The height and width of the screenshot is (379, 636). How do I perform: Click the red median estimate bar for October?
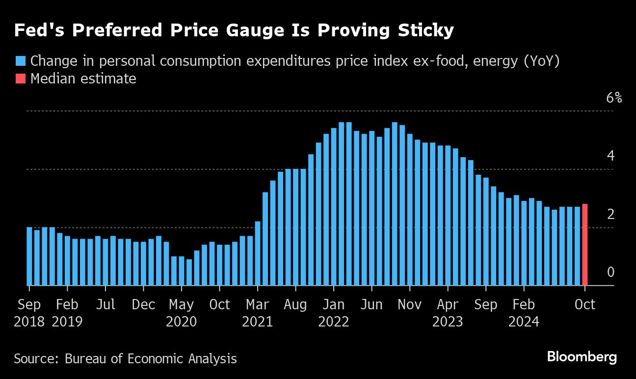[584, 244]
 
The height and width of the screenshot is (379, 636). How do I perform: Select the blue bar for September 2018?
[29, 256]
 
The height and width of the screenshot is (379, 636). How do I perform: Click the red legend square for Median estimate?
[20, 79]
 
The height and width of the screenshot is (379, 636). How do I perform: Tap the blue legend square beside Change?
[20, 61]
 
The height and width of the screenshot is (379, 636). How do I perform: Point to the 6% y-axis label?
[614, 98]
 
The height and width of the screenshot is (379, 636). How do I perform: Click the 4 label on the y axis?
[610, 156]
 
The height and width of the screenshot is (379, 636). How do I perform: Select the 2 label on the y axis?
[610, 214]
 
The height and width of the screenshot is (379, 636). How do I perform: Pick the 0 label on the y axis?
[610, 272]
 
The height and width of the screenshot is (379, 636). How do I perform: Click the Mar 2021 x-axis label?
[258, 313]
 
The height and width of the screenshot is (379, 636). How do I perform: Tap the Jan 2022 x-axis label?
[334, 313]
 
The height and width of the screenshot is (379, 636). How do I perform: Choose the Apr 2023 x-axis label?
[448, 313]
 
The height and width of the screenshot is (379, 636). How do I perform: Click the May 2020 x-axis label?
[182, 313]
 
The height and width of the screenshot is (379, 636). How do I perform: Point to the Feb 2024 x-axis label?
[524, 313]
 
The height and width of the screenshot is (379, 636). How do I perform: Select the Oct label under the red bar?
[584, 304]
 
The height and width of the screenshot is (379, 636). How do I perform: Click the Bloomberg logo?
[582, 357]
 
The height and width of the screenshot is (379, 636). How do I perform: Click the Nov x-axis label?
[409, 304]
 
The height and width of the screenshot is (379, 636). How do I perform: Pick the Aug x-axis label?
[295, 304]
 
